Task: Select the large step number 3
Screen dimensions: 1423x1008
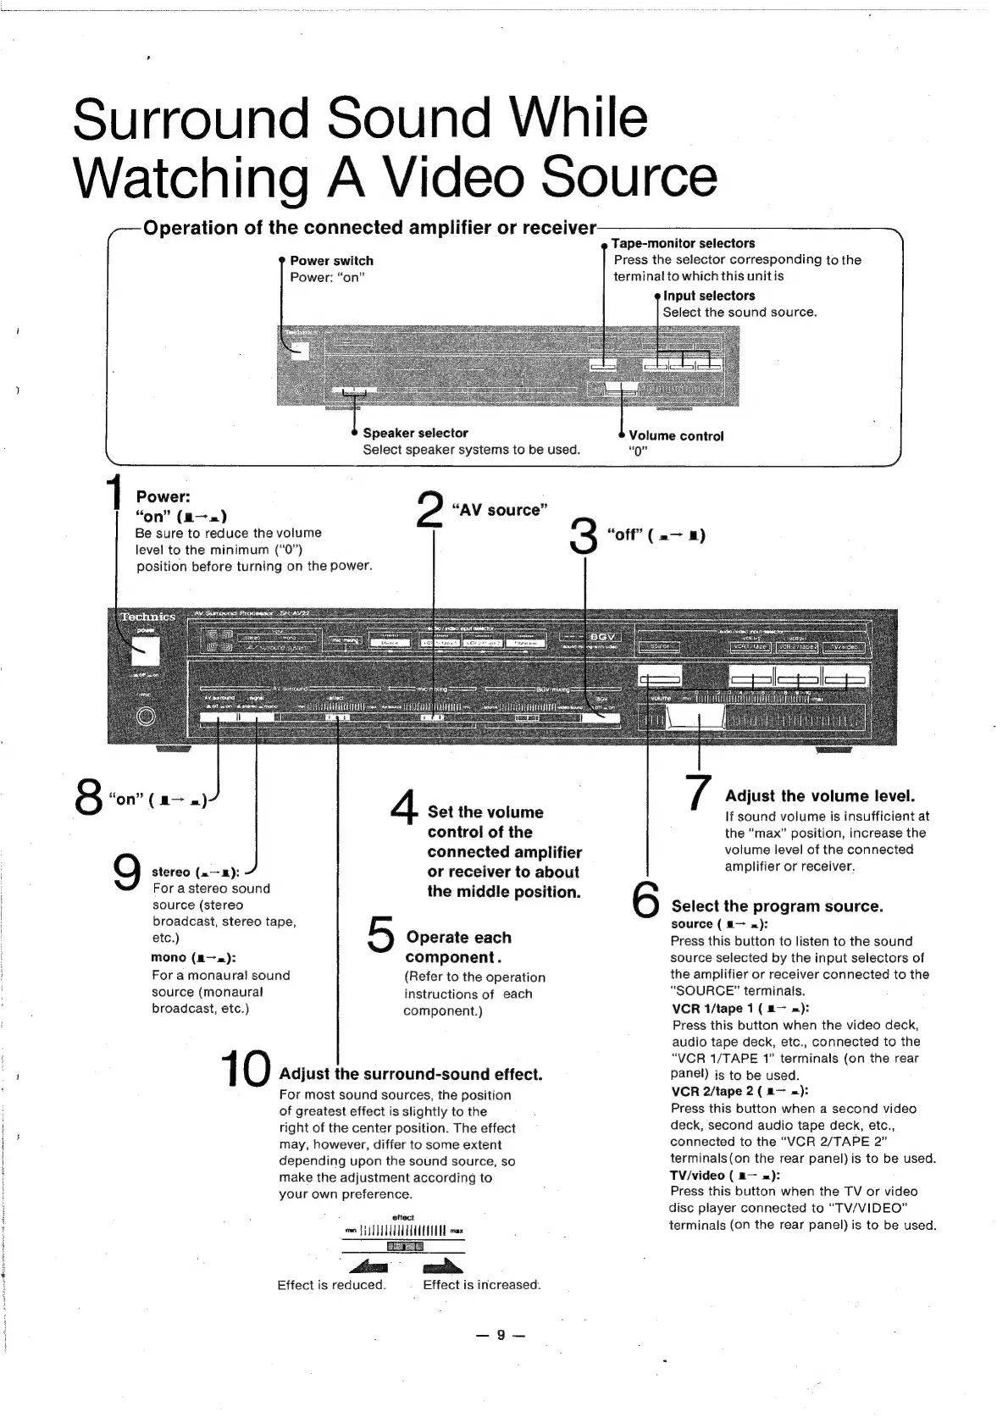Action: pos(584,537)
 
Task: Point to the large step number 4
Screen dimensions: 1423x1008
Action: pos(405,807)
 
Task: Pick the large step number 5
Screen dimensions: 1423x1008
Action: pos(382,935)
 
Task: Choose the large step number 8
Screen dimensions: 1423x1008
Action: pos(89,797)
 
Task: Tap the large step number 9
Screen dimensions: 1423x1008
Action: pos(127,872)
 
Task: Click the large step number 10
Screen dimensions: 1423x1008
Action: pos(246,1071)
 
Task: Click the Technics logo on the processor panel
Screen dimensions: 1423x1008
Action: pos(147,617)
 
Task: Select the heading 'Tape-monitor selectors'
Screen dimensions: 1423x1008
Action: pos(683,243)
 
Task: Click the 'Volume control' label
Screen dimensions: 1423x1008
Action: pos(676,436)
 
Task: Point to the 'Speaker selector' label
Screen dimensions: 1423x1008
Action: pos(415,433)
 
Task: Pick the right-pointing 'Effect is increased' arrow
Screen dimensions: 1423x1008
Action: pos(443,1266)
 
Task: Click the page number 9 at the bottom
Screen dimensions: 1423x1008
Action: pos(501,1335)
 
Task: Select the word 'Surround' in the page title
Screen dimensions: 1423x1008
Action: pos(191,119)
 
